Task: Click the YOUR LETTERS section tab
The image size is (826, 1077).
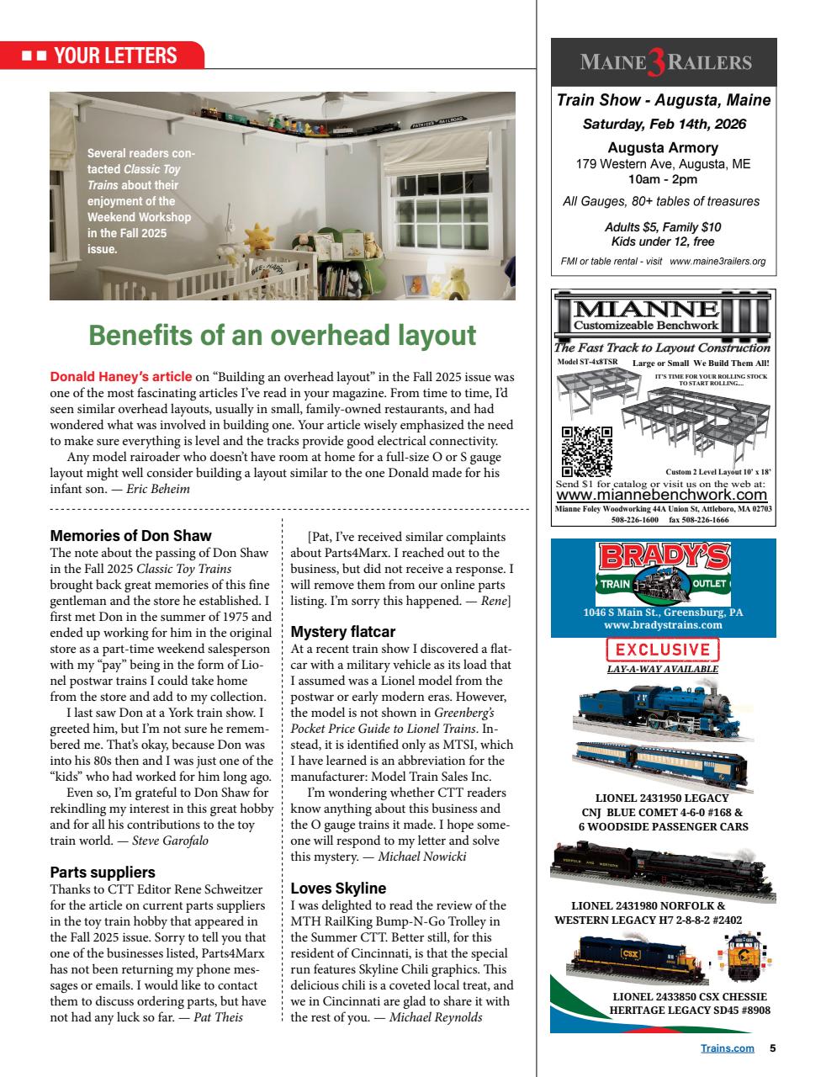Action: pos(103,56)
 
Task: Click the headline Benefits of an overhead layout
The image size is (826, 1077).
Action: pos(283,335)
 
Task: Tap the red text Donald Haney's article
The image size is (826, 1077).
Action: pos(121,377)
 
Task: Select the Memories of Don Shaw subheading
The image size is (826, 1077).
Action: pos(130,535)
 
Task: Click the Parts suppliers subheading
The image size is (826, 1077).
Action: pos(103,872)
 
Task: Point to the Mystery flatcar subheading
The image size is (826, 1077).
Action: pos(342,631)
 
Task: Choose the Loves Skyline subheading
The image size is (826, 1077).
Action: pos(338,888)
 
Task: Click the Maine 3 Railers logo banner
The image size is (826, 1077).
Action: pos(663,62)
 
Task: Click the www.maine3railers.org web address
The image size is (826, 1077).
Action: pos(717,261)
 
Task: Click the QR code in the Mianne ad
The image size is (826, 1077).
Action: pos(585,451)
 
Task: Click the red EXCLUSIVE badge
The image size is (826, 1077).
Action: pos(663,650)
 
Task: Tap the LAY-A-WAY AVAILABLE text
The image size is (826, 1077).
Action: pos(663,669)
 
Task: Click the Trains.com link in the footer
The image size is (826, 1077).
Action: pos(727,1048)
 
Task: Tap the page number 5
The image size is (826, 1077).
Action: pos(772,1048)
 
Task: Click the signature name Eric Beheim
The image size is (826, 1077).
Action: pos(158,489)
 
